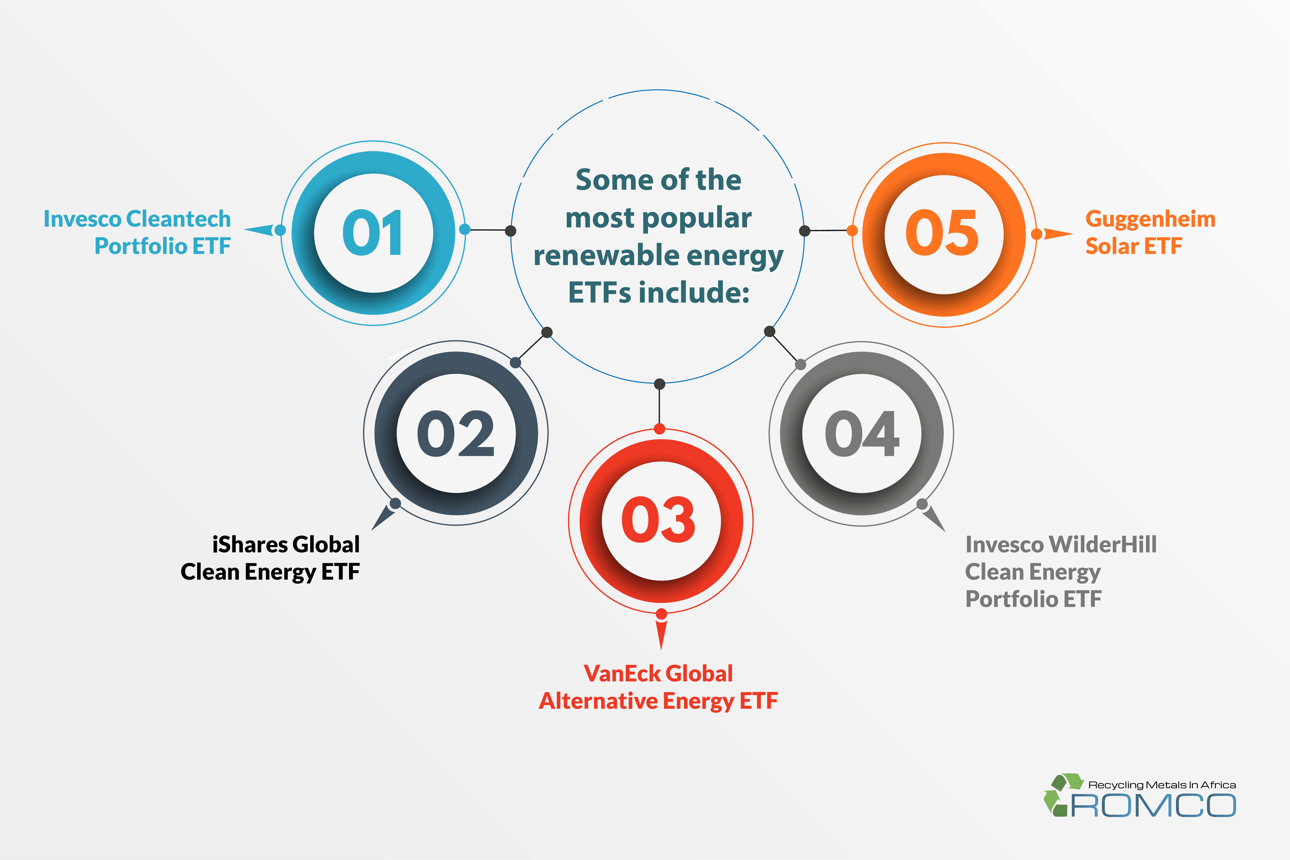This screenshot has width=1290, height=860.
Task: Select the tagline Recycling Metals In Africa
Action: coord(1162,785)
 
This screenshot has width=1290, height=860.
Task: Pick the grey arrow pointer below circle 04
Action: coord(934,518)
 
